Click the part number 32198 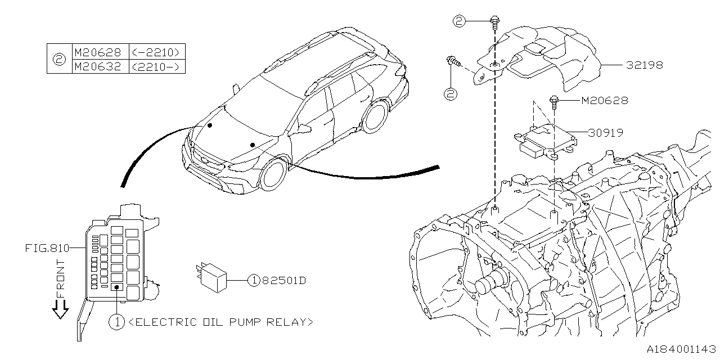pos(645,65)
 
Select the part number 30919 pos(606,133)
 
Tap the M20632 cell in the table pos(97,66)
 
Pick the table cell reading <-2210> pos(157,52)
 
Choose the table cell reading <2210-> pos(157,66)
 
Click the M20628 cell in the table pos(97,52)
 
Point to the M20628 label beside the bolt pos(604,101)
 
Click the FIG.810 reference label pos(46,247)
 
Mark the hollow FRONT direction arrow pos(60,309)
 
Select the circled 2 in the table pos(59,59)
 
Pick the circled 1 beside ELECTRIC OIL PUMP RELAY pos(116,322)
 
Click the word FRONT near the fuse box pos(61,278)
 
